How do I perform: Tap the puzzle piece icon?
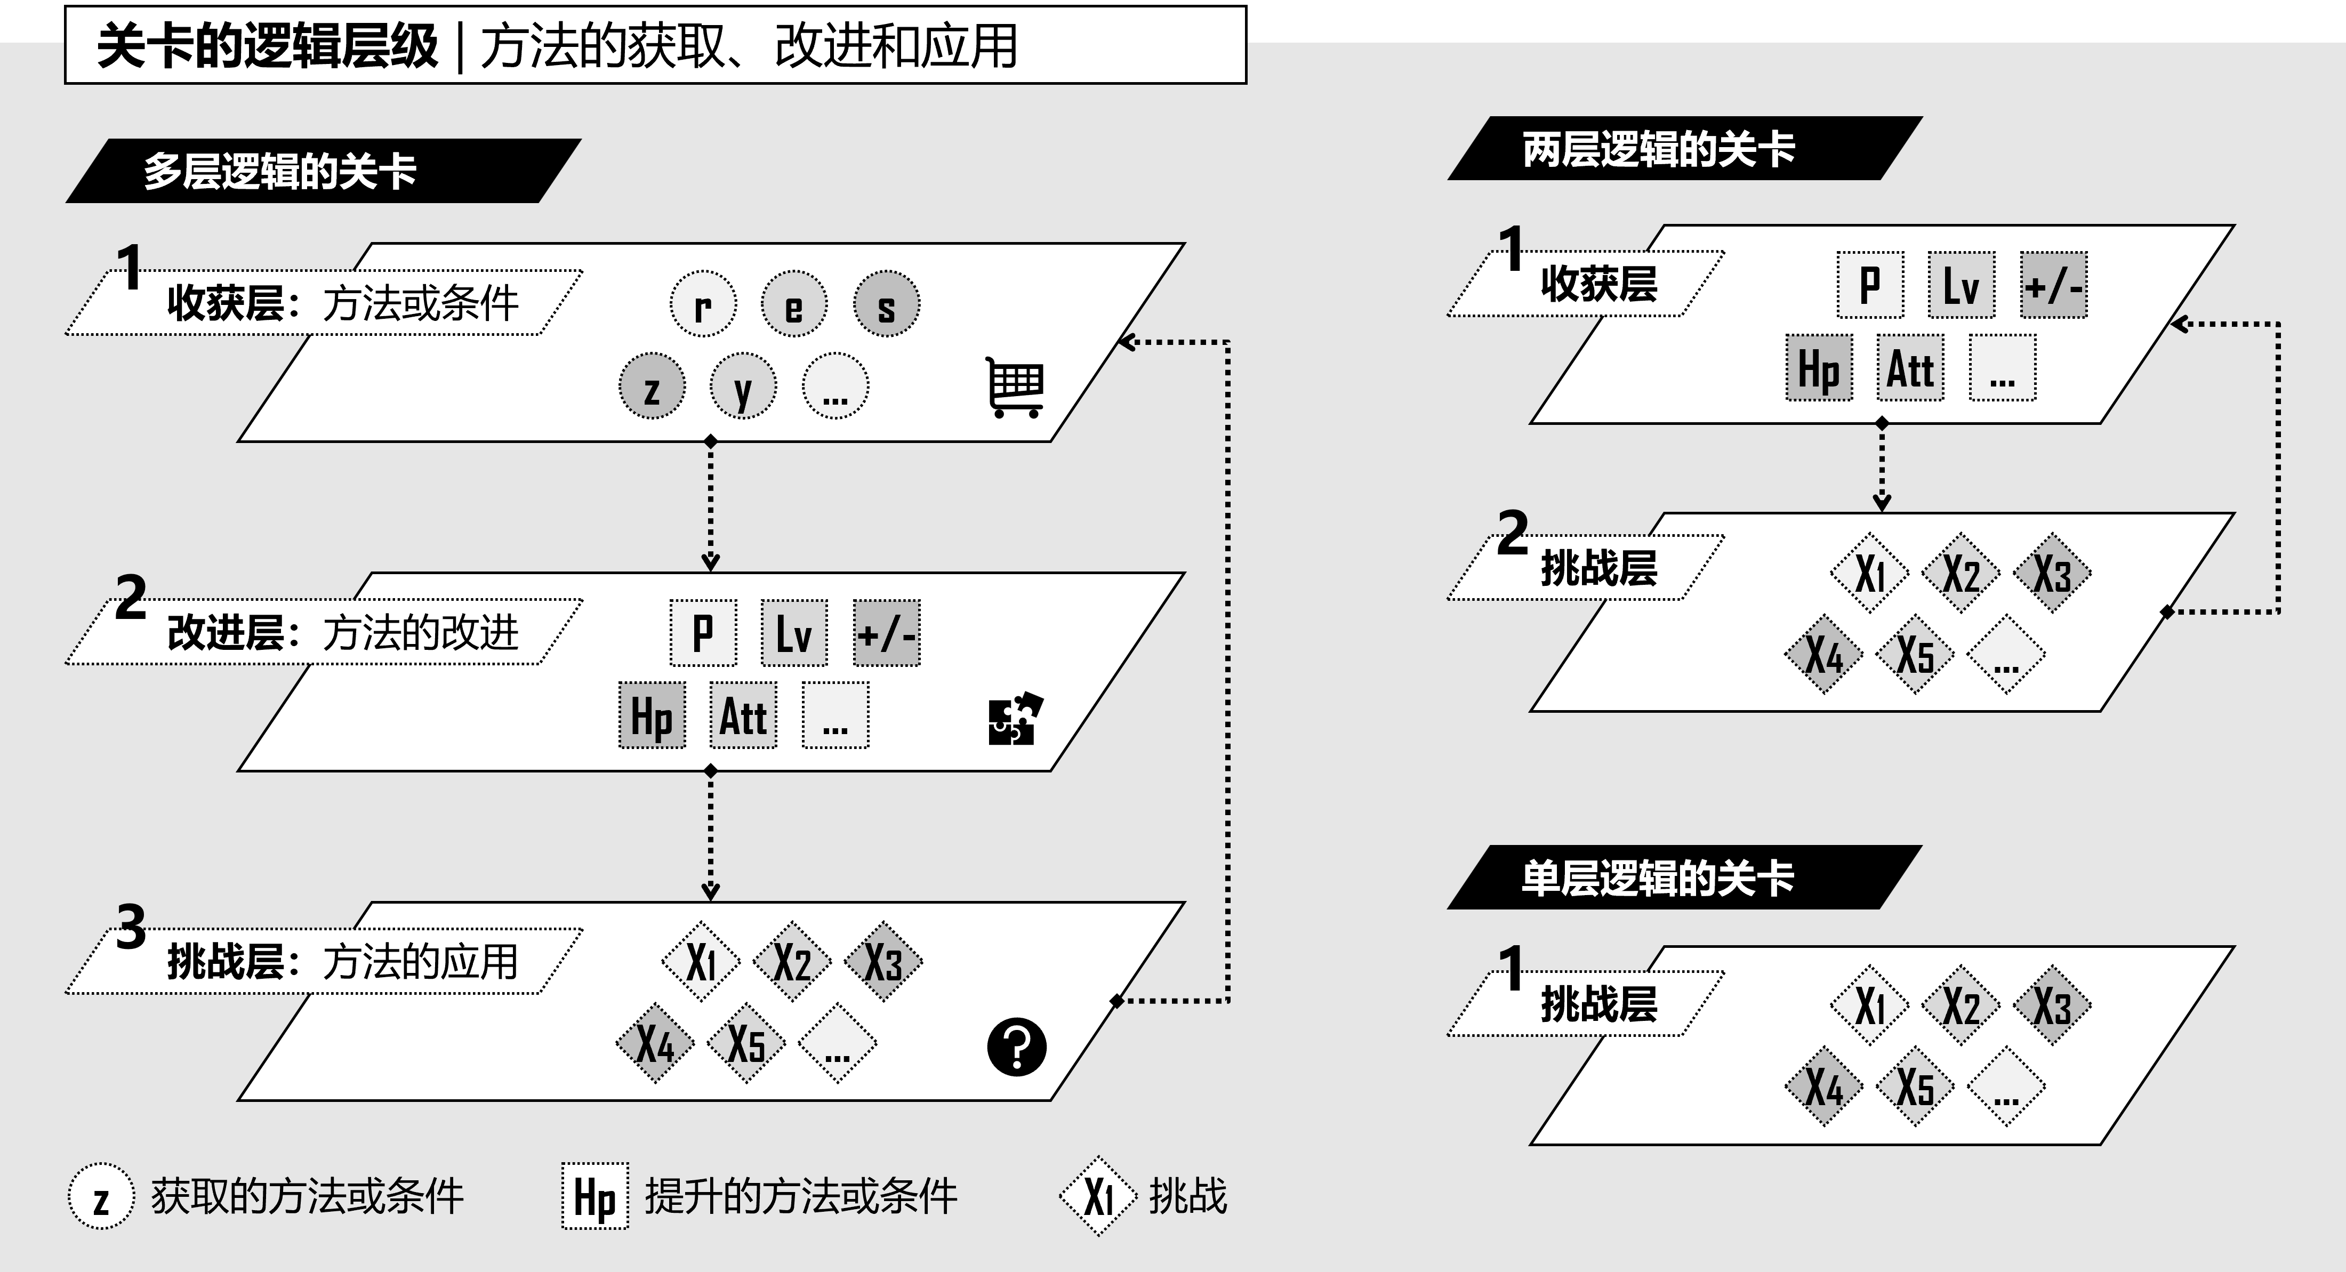(x=1015, y=719)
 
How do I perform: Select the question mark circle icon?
(x=1016, y=1047)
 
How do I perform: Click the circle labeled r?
(x=703, y=304)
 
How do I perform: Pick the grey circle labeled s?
(x=886, y=304)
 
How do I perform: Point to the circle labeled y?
(x=743, y=386)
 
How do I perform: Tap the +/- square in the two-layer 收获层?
(x=2053, y=285)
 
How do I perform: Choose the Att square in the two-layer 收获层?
(x=1910, y=368)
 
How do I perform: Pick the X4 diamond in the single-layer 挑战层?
(x=1824, y=1086)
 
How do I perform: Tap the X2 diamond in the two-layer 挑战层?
(x=1961, y=573)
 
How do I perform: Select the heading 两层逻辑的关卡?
(x=1658, y=148)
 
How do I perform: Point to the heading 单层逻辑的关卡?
(x=1658, y=877)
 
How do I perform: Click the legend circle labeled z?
(x=101, y=1196)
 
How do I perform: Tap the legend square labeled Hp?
(x=594, y=1196)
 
